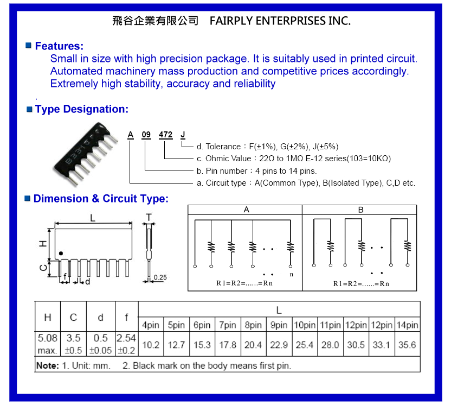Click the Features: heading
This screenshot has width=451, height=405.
pos(59,46)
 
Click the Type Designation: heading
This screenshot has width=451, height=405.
pos(82,109)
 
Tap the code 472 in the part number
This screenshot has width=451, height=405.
pos(165,135)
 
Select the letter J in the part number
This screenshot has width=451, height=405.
pos(183,135)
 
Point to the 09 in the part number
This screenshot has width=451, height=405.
pos(146,135)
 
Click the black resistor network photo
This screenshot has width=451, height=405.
pos(86,154)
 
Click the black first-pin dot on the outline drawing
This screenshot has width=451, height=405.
pos(61,254)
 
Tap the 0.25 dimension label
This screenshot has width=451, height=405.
pos(160,277)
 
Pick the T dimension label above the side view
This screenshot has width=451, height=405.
pos(149,217)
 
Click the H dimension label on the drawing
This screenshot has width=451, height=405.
pos(43,244)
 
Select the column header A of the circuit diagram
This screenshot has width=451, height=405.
pos(247,210)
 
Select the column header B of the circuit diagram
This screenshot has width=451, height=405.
pos(360,210)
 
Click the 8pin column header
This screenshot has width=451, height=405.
pos(253,325)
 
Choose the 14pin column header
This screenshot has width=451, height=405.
pos(407,325)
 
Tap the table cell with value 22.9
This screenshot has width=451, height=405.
pos(279,345)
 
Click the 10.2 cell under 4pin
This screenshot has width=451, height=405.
pos(151,345)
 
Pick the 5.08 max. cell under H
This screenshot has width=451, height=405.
pos(48,344)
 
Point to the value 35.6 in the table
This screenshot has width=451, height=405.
pos(407,345)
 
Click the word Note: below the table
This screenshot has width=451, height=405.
pos(48,365)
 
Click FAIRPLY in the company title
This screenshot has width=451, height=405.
pos(231,21)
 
